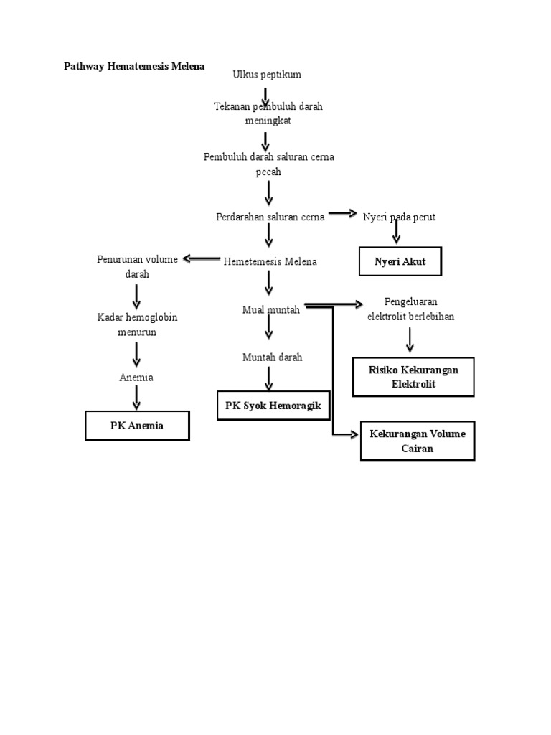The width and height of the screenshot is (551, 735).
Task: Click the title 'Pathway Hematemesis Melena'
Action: point(134,66)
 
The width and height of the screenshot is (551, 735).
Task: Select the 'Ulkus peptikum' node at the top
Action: point(267,75)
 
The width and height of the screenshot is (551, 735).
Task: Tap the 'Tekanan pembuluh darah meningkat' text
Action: point(268,113)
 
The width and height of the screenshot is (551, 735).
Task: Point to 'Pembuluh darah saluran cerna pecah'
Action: point(268,164)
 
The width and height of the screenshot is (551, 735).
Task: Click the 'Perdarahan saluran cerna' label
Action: point(270,217)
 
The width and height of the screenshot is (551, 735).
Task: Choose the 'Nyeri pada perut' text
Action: point(400,217)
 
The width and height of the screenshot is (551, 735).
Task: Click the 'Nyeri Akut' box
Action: point(400,262)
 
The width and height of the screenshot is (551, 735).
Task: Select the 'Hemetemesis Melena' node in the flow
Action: point(270,262)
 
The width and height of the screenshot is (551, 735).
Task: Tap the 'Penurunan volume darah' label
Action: point(136,266)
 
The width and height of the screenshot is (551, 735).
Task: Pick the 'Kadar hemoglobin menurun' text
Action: point(137,324)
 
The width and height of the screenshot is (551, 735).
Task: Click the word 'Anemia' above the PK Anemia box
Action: point(136,378)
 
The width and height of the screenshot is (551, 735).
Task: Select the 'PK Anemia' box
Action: point(137,426)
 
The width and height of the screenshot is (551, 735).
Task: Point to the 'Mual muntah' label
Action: point(270,309)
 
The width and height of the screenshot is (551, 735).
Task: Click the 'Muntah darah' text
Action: point(272,357)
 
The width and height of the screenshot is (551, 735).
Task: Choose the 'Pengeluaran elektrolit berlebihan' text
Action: point(410,309)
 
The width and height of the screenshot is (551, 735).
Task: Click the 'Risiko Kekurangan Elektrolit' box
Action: point(413,377)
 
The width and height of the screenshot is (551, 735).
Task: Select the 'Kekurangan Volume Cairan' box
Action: point(417,441)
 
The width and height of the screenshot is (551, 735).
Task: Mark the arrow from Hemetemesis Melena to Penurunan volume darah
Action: point(202,259)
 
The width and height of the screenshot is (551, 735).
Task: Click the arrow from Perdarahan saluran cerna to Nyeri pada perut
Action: point(342,213)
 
